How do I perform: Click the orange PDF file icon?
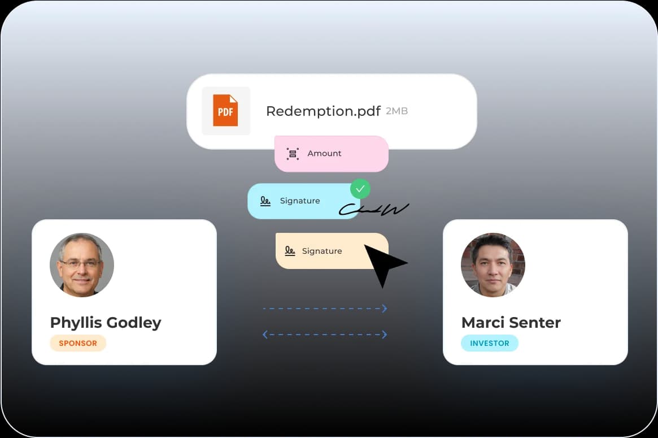[x=225, y=110]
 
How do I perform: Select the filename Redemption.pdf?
[x=323, y=111]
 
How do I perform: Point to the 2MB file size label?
[x=396, y=111]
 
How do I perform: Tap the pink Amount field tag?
[x=331, y=154]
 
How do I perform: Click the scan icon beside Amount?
[x=293, y=154]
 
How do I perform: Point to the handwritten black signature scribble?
[x=374, y=210]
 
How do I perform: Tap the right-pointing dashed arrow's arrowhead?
[x=385, y=309]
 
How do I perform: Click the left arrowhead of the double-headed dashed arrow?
[x=265, y=335]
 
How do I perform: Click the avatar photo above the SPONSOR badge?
[x=82, y=264]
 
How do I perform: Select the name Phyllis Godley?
[x=106, y=323]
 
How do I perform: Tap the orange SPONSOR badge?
[x=78, y=343]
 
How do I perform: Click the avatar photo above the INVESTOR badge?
[x=493, y=264]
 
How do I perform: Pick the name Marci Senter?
[x=511, y=323]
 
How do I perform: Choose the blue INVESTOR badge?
[x=489, y=343]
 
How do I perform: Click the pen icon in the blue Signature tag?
[x=265, y=201]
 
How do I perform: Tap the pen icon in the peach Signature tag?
[x=290, y=251]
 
